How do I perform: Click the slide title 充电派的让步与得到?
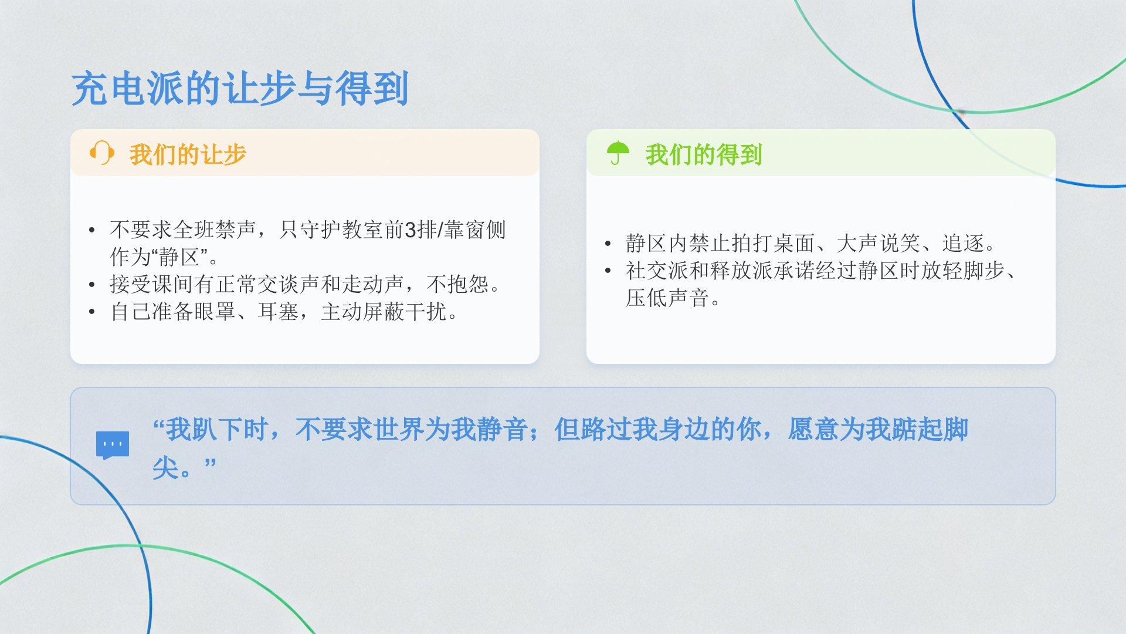coord(240,89)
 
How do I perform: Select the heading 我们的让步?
coord(188,154)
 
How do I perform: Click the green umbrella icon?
coord(618,153)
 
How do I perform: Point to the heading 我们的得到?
coord(704,154)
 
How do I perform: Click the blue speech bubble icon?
coord(113,446)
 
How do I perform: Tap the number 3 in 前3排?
coord(411,230)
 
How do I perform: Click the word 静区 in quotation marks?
coord(179,257)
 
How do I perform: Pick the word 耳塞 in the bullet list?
coord(278,312)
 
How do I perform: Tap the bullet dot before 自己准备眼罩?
coord(91,312)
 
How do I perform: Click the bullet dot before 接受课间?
coord(91,285)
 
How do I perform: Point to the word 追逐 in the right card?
coord(962,243)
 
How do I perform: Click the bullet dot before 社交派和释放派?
coord(608,271)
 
